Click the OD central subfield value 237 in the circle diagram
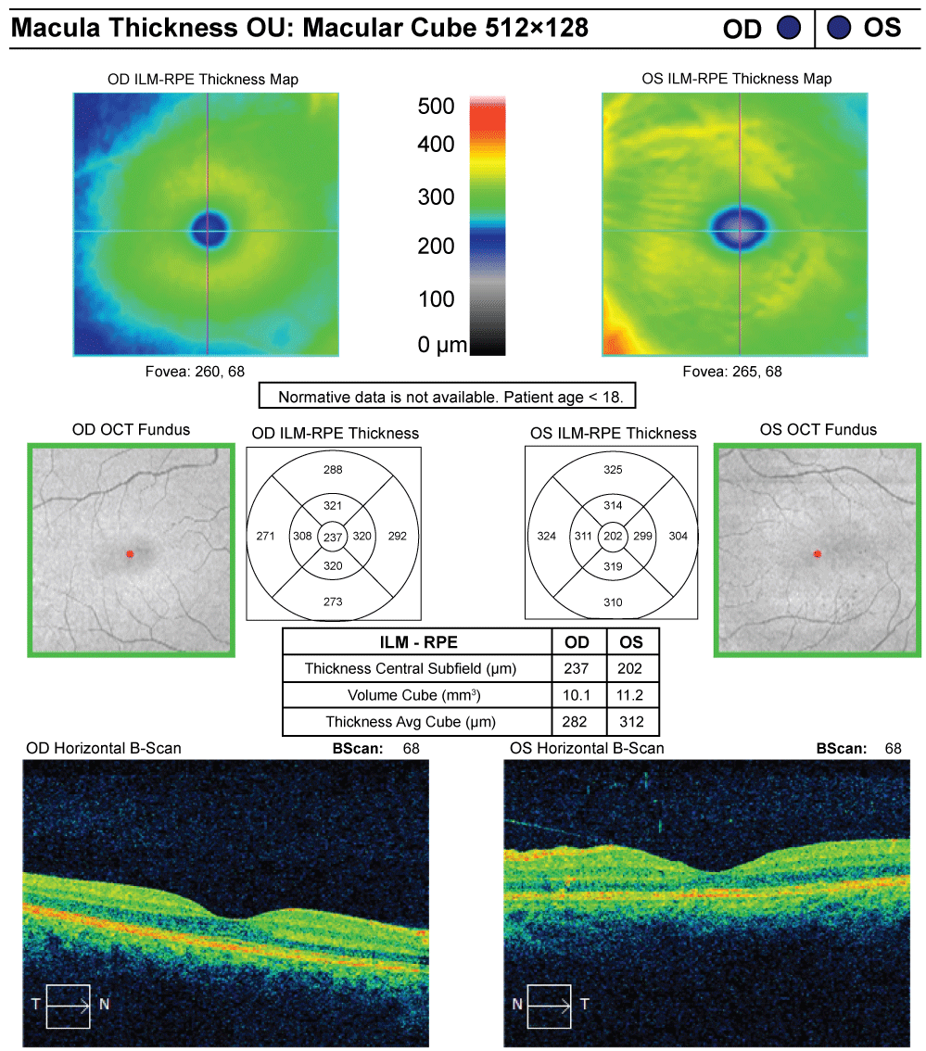333,536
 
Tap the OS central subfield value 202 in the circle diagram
612,536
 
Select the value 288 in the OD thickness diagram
333,470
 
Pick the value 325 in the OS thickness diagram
612,470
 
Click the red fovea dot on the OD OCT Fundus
130,554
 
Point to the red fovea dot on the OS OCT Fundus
817,554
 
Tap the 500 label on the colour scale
435,107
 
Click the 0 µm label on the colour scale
442,345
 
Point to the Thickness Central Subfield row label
412,667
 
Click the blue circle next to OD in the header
788,28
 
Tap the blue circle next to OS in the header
840,28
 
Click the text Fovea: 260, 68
206,372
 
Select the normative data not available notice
447,397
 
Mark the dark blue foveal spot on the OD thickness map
209,226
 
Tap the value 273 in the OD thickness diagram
333,601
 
